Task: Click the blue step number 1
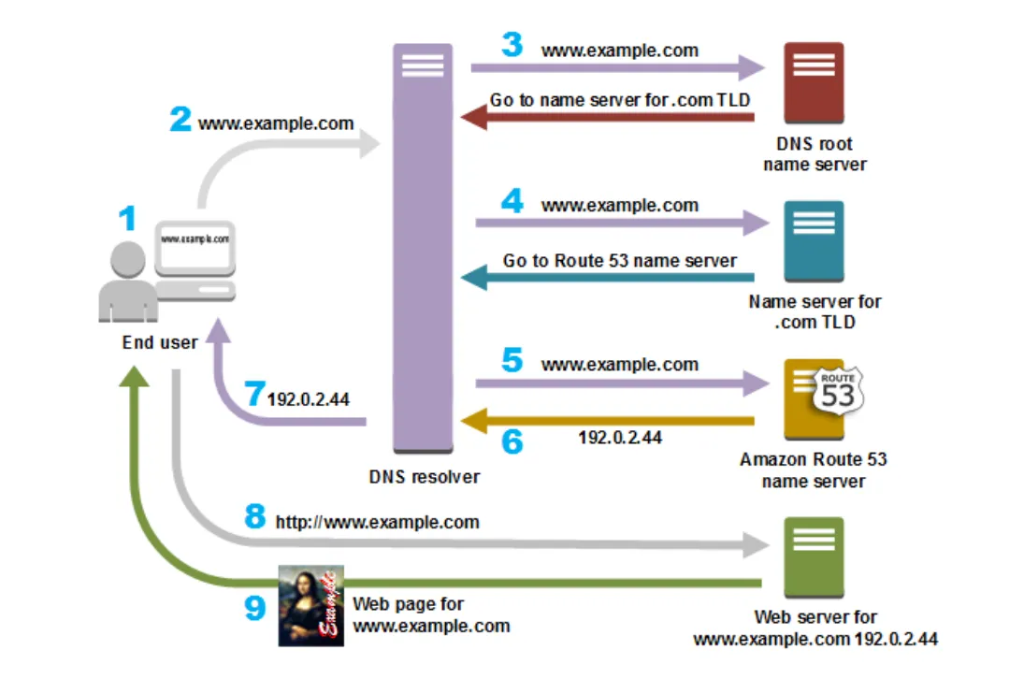point(127,219)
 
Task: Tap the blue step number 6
point(512,441)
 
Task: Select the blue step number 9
point(255,608)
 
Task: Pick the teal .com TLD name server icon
point(814,241)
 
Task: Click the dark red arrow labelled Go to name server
point(617,117)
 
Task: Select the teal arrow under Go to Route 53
point(617,278)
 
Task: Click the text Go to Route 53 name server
point(619,261)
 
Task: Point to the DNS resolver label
point(424,477)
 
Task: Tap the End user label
point(160,342)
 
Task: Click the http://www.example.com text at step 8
point(377,522)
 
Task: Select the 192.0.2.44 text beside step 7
point(309,399)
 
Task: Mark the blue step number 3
point(512,45)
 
